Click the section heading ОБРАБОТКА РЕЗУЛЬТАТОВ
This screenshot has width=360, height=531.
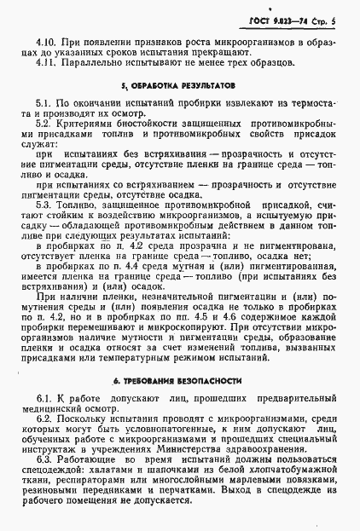tap(184, 86)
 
